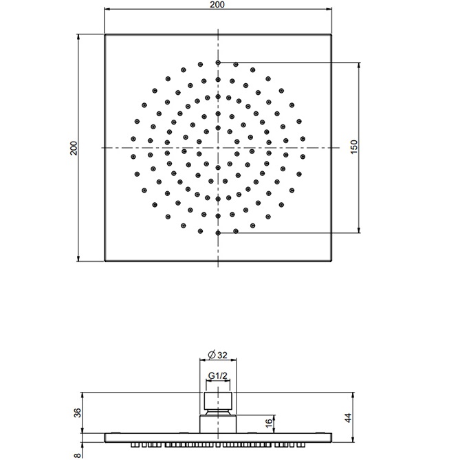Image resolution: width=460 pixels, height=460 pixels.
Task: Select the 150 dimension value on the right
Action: tap(353, 147)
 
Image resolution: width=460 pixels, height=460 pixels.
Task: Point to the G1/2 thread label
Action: tap(218, 375)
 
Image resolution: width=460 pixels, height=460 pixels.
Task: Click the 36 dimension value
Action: tap(77, 413)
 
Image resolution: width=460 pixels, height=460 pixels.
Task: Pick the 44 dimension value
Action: tap(349, 417)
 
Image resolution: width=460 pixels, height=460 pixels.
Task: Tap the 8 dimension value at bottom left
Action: tap(77, 453)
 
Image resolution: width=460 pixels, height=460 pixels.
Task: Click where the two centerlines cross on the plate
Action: tap(218, 148)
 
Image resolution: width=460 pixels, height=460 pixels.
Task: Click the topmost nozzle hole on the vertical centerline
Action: tap(218, 63)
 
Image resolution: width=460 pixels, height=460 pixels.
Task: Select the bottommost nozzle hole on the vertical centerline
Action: tap(218, 233)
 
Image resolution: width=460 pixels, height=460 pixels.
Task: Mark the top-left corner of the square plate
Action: tap(105, 34)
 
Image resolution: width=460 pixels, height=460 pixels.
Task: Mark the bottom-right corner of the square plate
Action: tap(331, 261)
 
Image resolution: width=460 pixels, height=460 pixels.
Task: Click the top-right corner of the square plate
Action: tap(331, 34)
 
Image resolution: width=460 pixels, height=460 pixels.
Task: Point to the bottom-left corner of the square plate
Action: tap(105, 261)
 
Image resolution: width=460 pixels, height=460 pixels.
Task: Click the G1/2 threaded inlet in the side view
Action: tap(218, 400)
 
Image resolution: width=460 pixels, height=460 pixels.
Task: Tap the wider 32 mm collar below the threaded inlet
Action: tap(218, 424)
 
